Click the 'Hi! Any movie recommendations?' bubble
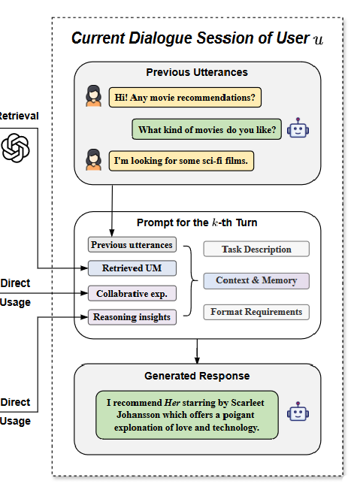[x=185, y=98]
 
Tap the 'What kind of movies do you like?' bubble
[x=207, y=129]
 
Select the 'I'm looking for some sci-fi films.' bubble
[x=181, y=161]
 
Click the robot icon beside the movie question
[x=298, y=128]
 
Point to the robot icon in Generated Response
[x=298, y=412]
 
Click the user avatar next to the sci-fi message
[x=93, y=159]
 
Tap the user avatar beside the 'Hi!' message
[x=93, y=96]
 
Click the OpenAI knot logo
[x=15, y=148]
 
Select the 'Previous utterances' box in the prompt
[x=132, y=245]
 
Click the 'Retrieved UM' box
[x=132, y=268]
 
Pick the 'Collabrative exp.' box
[x=132, y=294]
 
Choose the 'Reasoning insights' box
[x=132, y=317]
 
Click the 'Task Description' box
[x=256, y=249]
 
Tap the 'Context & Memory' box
[x=256, y=281]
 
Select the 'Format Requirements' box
[x=256, y=312]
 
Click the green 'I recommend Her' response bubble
[x=187, y=415]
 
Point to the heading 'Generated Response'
[x=197, y=376]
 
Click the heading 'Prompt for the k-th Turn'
[x=197, y=222]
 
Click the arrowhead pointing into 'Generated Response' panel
[x=197, y=360]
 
